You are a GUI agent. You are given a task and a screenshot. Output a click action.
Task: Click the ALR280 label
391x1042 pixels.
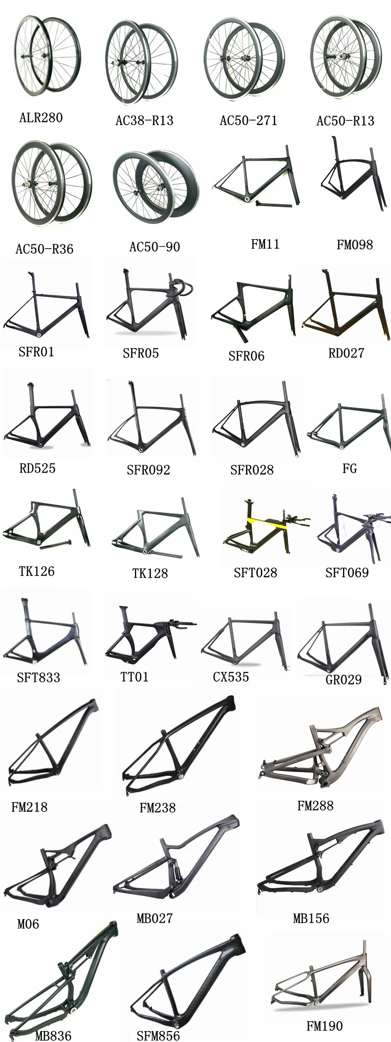click(41, 117)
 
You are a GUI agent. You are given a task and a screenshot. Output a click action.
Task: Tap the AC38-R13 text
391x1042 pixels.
click(144, 120)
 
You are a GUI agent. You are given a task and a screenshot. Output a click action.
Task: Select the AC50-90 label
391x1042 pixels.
click(154, 246)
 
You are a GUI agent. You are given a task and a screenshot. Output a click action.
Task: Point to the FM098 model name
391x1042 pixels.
click(355, 244)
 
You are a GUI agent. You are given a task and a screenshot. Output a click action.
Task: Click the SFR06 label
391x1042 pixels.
click(246, 356)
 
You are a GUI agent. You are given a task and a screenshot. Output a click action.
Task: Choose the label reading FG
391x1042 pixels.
click(349, 468)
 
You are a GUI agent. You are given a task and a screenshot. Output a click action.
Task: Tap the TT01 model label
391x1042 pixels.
click(135, 677)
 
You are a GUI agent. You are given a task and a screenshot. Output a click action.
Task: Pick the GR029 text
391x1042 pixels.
click(343, 679)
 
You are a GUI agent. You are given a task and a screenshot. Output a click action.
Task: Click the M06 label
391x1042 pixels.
click(28, 924)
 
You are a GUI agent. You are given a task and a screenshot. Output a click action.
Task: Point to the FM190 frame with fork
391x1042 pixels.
click(323, 979)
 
